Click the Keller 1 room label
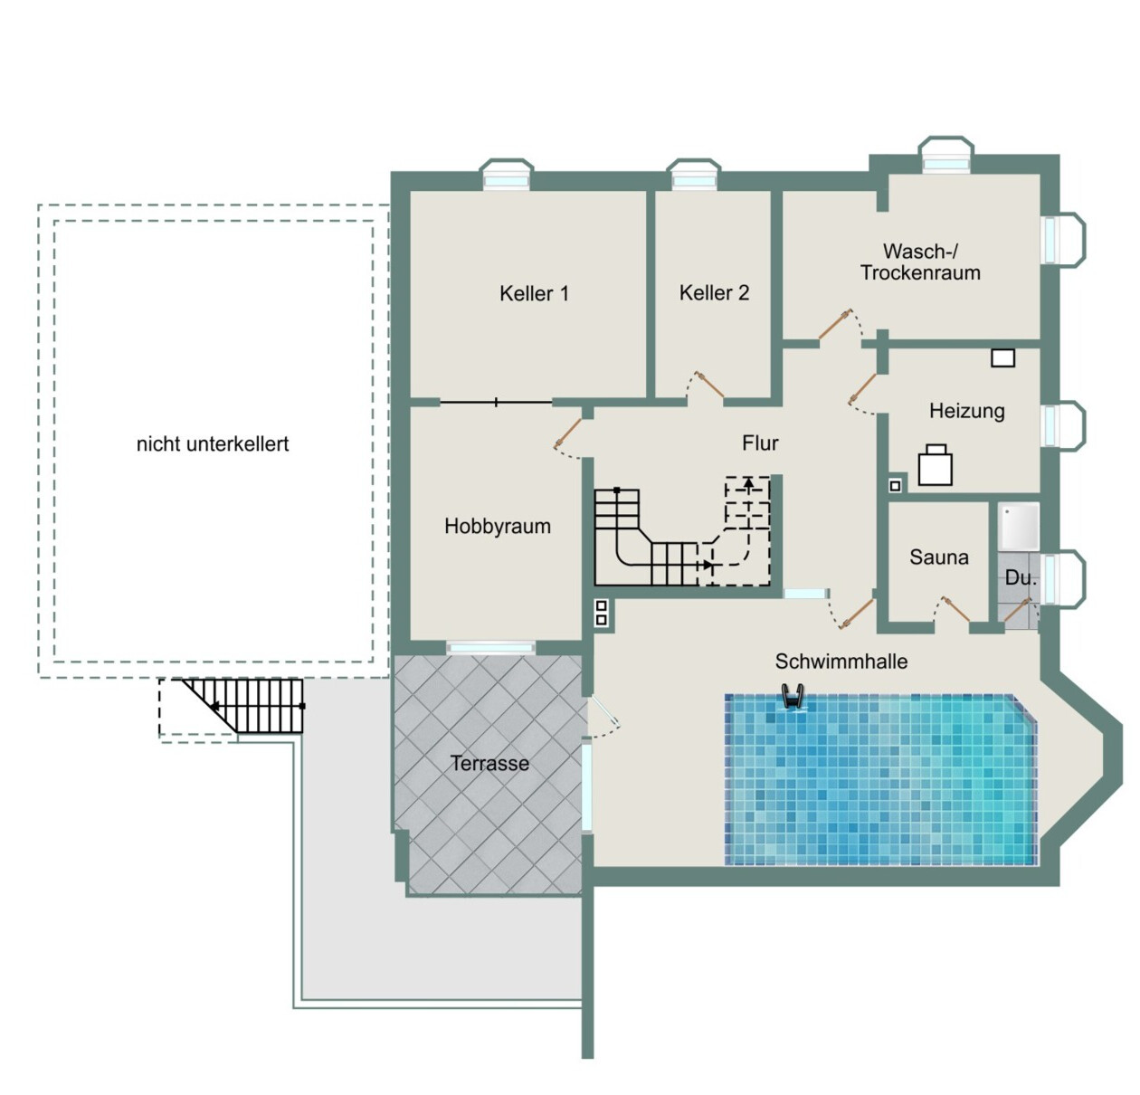coord(534,293)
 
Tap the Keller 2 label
coord(714,293)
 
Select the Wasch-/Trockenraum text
coord(920,262)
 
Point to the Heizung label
coord(966,411)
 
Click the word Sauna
coord(938,557)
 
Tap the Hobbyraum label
coord(498,526)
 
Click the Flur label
coord(760,443)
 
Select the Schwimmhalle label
coord(841,662)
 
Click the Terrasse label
coord(489,763)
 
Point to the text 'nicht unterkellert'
coord(213,444)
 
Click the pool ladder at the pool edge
coord(793,696)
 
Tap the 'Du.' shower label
coord(1021,578)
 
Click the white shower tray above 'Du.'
coord(1019,526)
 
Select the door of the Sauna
coord(955,608)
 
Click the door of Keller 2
coord(708,385)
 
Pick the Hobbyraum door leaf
coord(567,433)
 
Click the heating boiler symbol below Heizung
coord(935,464)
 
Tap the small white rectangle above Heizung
coord(1002,358)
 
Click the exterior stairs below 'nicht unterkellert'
coord(243,705)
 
